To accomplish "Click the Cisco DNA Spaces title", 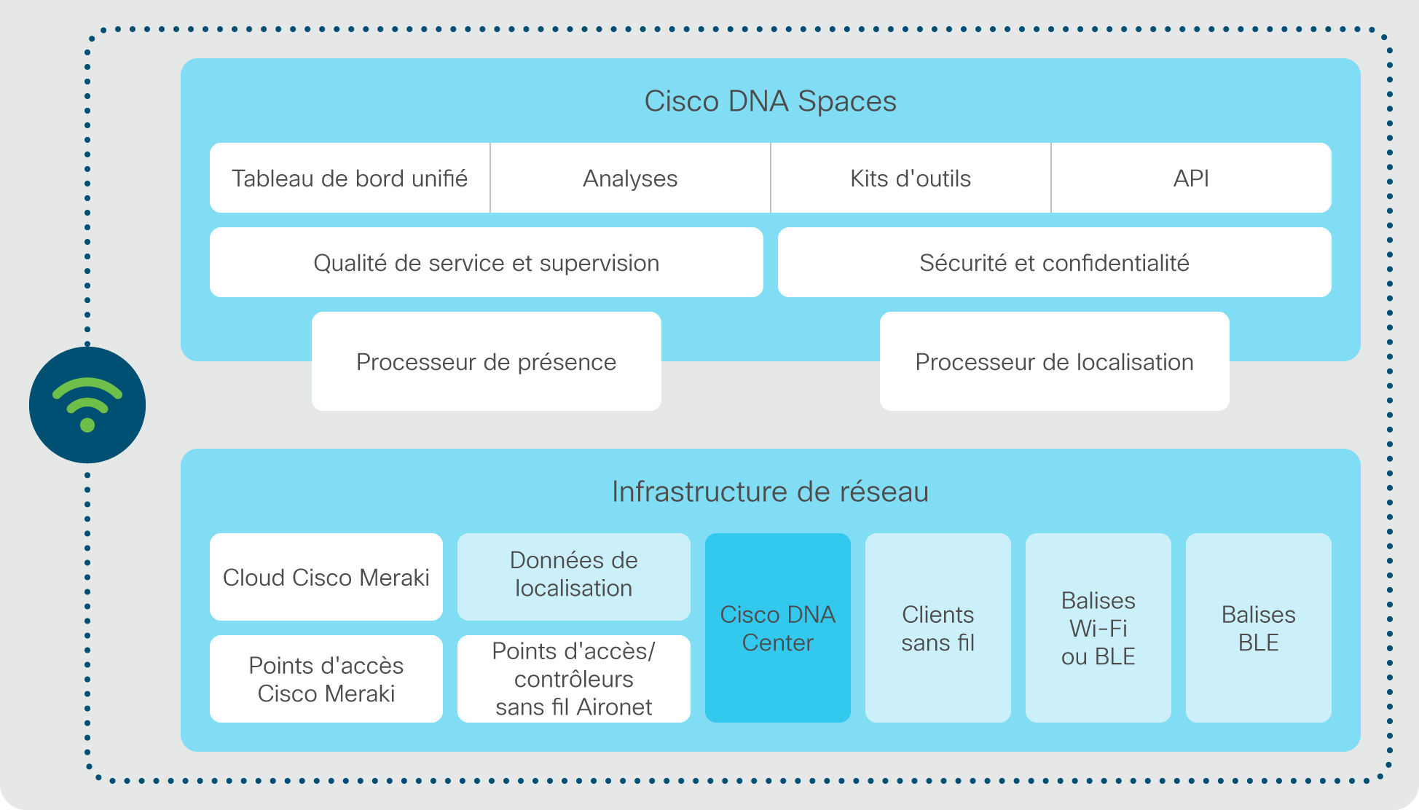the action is (770, 101).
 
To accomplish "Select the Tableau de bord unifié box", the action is (350, 178).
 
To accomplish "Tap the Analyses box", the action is (630, 178).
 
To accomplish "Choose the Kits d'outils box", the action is (911, 178).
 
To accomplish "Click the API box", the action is (1192, 178).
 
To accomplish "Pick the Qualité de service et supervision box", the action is (487, 262).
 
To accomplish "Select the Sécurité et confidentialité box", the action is (1055, 262).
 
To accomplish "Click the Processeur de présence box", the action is (487, 361).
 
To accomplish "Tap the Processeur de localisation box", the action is (1055, 361).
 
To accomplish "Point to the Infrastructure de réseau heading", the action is (770, 492).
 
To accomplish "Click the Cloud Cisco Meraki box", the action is (326, 577).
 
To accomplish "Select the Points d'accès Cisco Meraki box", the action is (326, 679).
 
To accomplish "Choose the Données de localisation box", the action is (574, 577).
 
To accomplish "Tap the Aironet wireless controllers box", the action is (574, 679).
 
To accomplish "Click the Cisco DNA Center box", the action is (778, 628).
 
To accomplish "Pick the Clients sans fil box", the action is (938, 628).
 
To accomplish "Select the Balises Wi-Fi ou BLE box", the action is (1098, 628).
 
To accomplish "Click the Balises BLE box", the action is (1259, 628).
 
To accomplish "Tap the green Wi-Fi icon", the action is (87, 405).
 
